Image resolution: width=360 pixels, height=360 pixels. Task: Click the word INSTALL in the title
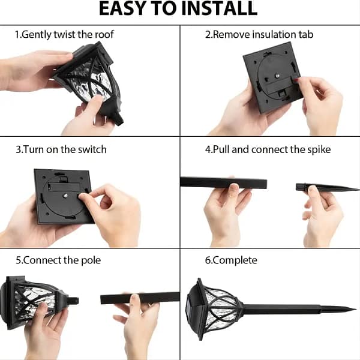pyautogui.click(x=219, y=9)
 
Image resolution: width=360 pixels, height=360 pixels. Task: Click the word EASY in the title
pyautogui.click(x=121, y=9)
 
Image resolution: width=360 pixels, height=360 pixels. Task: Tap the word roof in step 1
pyautogui.click(x=104, y=34)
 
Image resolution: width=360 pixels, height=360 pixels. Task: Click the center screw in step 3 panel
pyautogui.click(x=65, y=196)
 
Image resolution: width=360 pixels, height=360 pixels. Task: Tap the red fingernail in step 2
pyautogui.click(x=296, y=79)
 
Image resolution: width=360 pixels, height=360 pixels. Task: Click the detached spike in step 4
pyautogui.click(x=327, y=187)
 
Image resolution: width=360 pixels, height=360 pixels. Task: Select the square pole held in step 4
pyautogui.click(x=224, y=183)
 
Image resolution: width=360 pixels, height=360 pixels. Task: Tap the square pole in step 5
pyautogui.click(x=140, y=298)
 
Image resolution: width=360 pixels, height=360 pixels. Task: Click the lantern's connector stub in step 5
pyautogui.click(x=73, y=301)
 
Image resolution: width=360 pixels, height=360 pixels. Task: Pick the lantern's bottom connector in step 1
pyautogui.click(x=118, y=119)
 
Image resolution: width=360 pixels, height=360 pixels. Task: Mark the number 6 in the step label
pyautogui.click(x=208, y=260)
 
